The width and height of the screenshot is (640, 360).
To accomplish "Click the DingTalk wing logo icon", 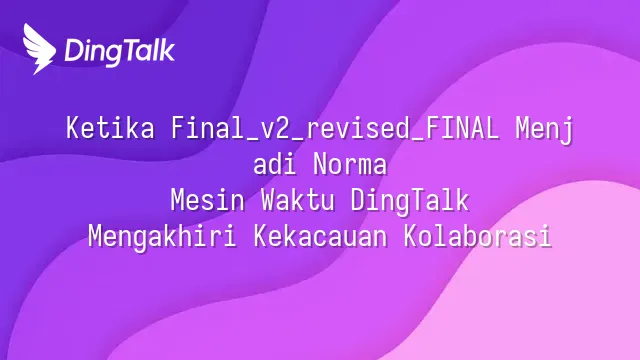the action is (x=39, y=49).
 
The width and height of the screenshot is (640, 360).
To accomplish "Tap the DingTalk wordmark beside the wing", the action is (x=120, y=51).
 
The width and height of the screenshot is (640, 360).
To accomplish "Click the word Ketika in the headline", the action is (x=110, y=128).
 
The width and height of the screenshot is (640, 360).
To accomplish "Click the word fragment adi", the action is (x=275, y=164).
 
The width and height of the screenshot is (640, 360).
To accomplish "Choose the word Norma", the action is (x=350, y=164).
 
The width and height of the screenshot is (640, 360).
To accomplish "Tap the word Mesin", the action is (x=208, y=200).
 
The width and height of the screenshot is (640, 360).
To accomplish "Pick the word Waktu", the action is (x=298, y=200).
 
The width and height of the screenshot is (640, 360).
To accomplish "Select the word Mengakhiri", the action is (x=162, y=237).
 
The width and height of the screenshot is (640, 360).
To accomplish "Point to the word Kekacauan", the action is (x=320, y=236).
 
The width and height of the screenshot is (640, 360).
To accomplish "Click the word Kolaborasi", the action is (x=478, y=236).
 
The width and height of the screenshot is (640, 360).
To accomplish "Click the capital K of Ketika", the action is (x=73, y=128).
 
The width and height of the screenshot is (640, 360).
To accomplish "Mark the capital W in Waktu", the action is (x=268, y=200).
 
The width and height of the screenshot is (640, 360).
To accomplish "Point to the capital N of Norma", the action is (x=320, y=164).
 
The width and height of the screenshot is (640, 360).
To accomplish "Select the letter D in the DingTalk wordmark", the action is (x=73, y=51).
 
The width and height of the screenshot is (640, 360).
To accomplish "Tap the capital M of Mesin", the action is (x=178, y=200).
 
